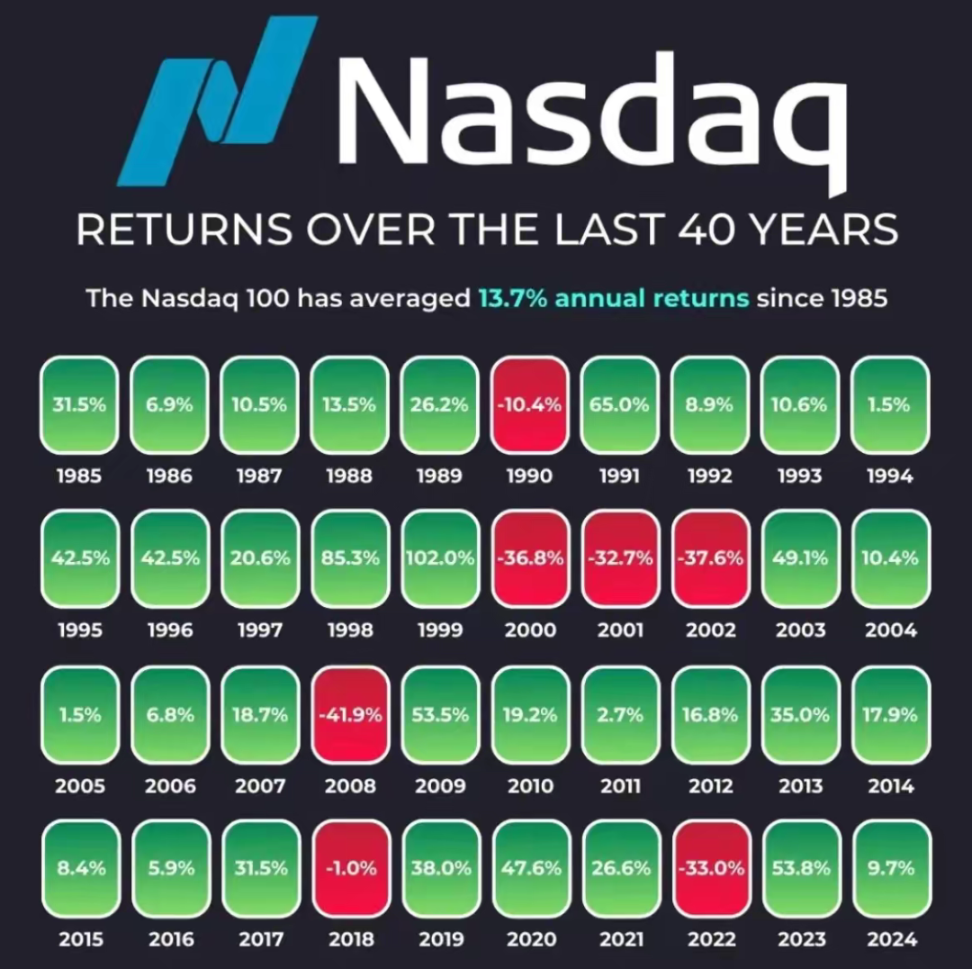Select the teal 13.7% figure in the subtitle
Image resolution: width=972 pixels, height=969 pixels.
point(513,298)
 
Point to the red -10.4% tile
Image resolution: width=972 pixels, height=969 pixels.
point(529,405)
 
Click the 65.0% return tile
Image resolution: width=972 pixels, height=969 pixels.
point(619,405)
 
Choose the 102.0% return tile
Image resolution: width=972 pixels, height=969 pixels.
point(439,558)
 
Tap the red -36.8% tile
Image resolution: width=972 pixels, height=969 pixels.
point(530,558)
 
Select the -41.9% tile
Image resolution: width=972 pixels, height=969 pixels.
point(350,715)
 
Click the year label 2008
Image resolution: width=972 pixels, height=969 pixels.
point(350,786)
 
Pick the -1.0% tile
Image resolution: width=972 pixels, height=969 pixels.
point(352,868)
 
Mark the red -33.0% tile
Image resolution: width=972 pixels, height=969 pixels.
point(711,868)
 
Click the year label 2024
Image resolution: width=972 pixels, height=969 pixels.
point(891,939)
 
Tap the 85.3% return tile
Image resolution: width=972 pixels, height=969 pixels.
point(350,558)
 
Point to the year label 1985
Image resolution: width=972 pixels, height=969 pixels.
point(78,475)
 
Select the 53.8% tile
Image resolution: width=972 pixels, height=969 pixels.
point(801,868)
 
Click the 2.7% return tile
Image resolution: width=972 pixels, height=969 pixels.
point(620,715)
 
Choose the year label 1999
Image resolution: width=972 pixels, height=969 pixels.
point(440,630)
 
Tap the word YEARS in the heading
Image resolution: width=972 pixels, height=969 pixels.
point(824,229)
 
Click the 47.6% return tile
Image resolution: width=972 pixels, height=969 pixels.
point(531,868)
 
